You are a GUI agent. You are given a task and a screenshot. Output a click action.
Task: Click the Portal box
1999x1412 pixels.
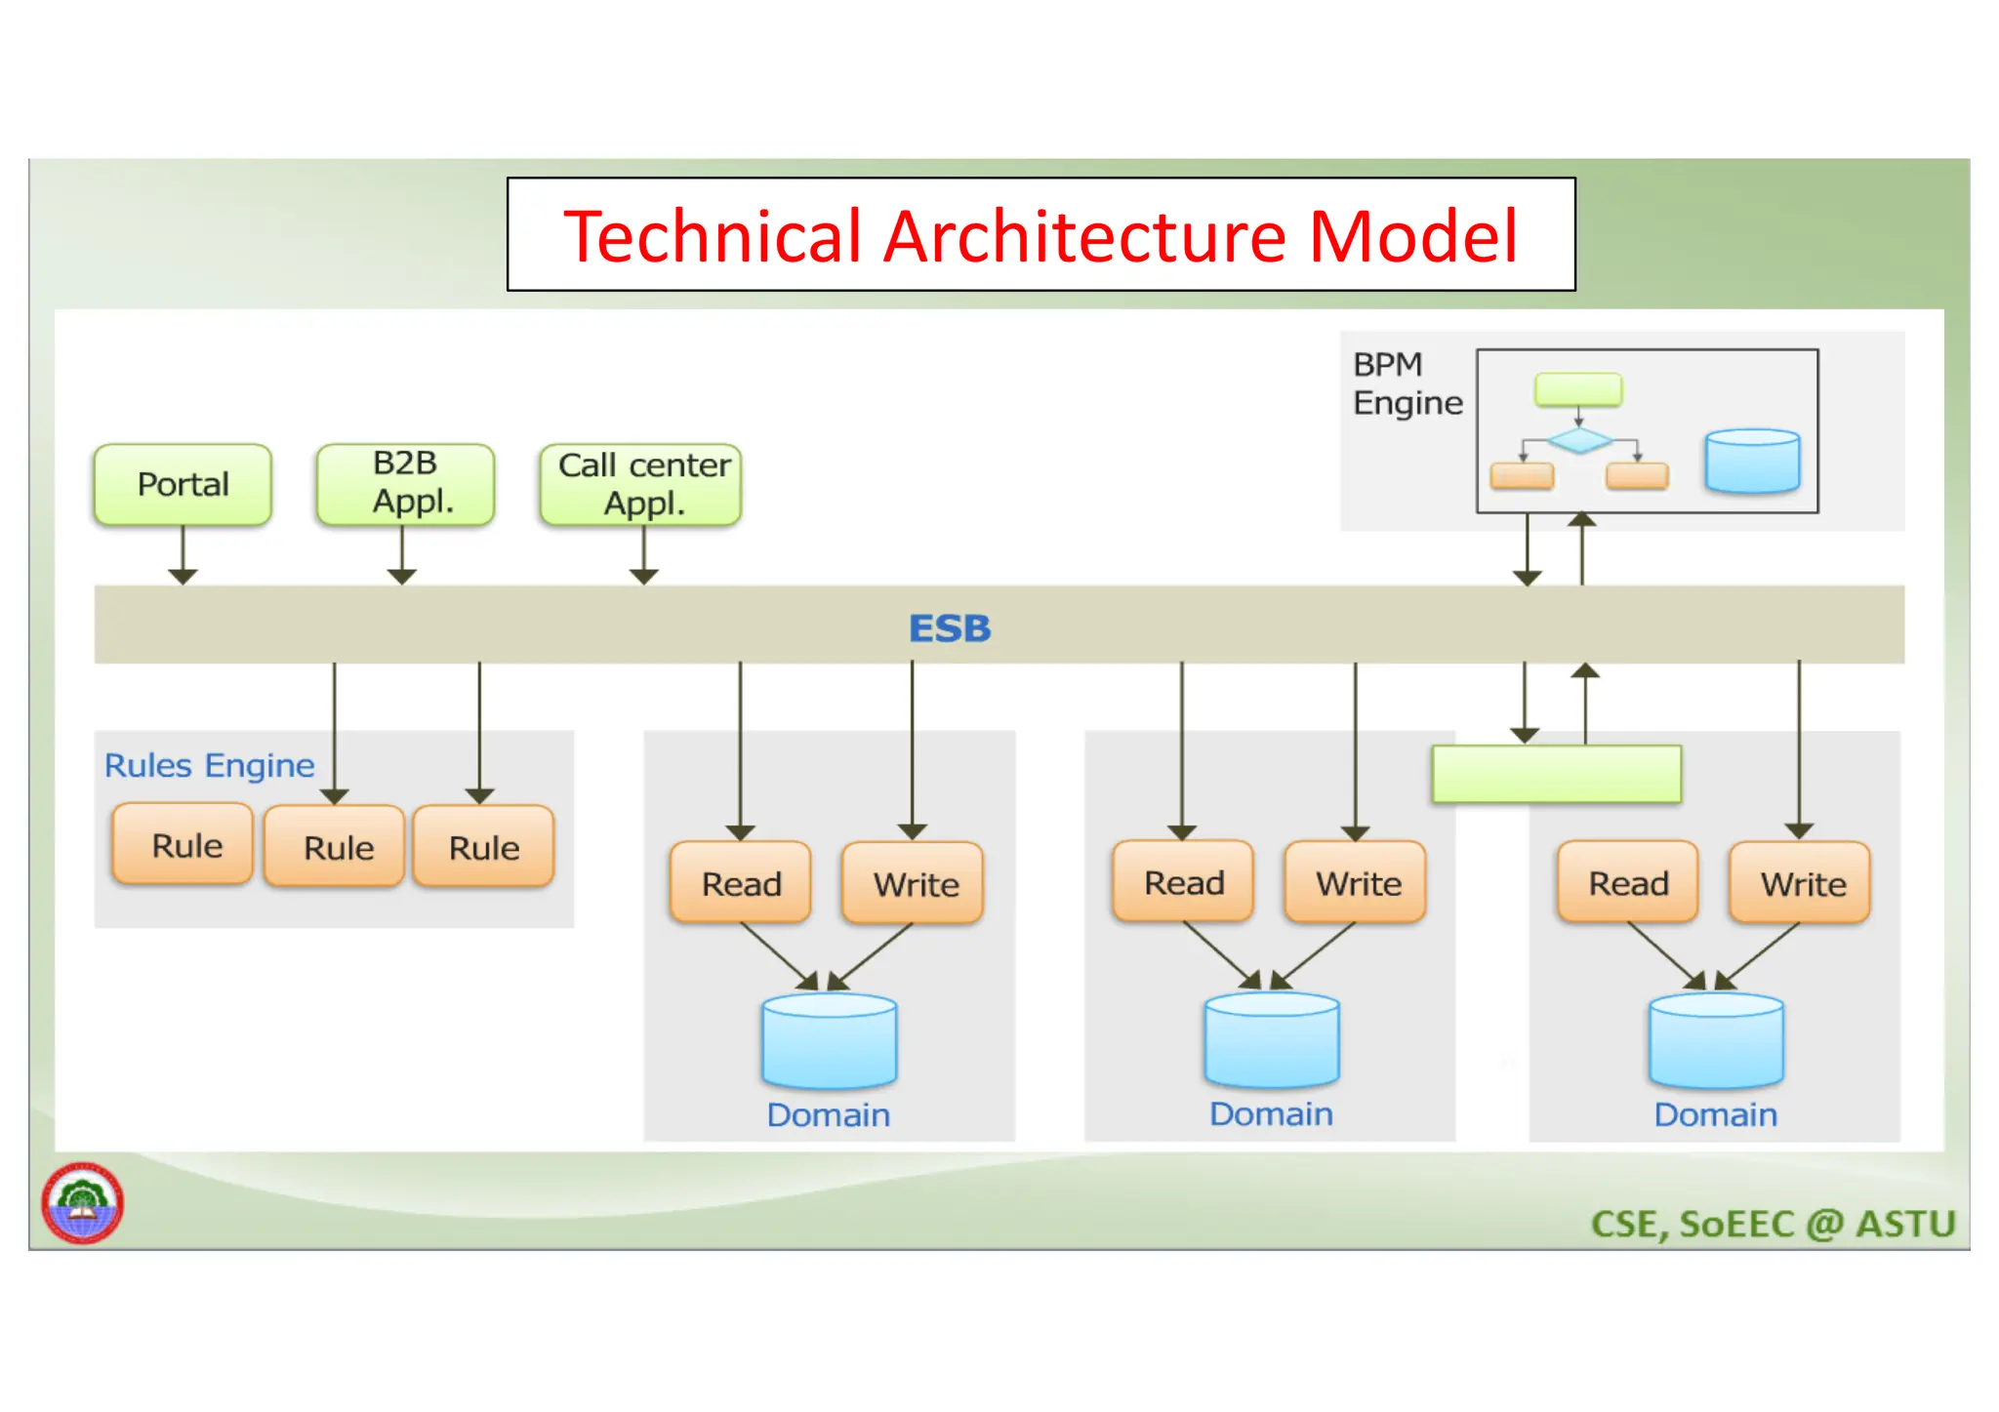(x=183, y=484)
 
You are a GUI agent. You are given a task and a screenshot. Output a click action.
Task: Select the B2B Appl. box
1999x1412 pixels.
(x=405, y=484)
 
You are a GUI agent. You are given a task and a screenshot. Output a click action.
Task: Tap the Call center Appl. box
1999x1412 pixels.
(x=641, y=484)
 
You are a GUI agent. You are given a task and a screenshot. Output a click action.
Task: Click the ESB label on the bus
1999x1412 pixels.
(x=949, y=628)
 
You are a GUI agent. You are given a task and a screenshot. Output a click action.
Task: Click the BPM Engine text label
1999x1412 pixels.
(x=1406, y=383)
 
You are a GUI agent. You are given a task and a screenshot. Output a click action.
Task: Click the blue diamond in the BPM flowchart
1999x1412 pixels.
(x=1579, y=440)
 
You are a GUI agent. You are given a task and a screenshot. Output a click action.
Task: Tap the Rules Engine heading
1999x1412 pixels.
(x=209, y=766)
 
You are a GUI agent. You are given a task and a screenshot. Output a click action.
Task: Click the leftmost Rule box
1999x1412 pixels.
(x=184, y=844)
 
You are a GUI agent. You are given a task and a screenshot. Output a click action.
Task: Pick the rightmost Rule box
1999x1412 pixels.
(x=483, y=846)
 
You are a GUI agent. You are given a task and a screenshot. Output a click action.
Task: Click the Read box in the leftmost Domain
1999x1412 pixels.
(x=741, y=883)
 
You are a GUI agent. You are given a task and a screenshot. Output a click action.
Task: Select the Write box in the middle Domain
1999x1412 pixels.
(x=1357, y=882)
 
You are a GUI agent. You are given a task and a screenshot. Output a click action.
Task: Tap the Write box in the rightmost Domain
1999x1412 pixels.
(x=1801, y=883)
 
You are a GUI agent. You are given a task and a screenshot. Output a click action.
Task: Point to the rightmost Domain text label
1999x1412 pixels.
(x=1715, y=1114)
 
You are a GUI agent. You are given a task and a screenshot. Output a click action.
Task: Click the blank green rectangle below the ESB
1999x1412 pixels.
(x=1556, y=775)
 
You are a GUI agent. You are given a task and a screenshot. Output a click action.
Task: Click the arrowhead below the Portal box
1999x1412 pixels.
(x=183, y=577)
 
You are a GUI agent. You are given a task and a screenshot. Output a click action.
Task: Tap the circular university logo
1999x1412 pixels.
(x=83, y=1202)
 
